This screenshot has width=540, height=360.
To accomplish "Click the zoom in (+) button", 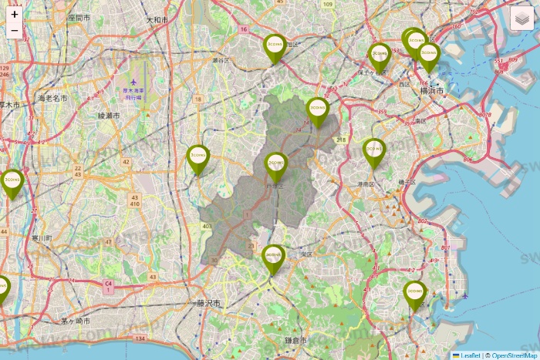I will click(x=15, y=14).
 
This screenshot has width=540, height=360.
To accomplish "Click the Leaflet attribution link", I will click(x=471, y=355).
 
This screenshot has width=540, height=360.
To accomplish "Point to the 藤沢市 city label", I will click(x=208, y=304).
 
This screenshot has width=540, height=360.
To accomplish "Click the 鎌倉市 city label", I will click(x=294, y=340).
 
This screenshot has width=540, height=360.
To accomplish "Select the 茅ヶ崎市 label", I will click(x=76, y=320).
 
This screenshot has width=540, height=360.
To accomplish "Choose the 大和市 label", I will click(x=157, y=20).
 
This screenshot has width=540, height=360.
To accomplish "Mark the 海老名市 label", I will click(x=52, y=98).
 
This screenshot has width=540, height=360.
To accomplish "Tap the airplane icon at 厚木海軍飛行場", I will click(x=133, y=80).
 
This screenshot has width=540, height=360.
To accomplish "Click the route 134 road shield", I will click(x=140, y=338).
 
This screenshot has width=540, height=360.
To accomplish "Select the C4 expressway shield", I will click(x=109, y=285).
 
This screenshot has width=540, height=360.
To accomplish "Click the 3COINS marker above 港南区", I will click(x=374, y=151).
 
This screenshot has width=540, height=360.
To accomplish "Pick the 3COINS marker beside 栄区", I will click(x=274, y=257).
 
